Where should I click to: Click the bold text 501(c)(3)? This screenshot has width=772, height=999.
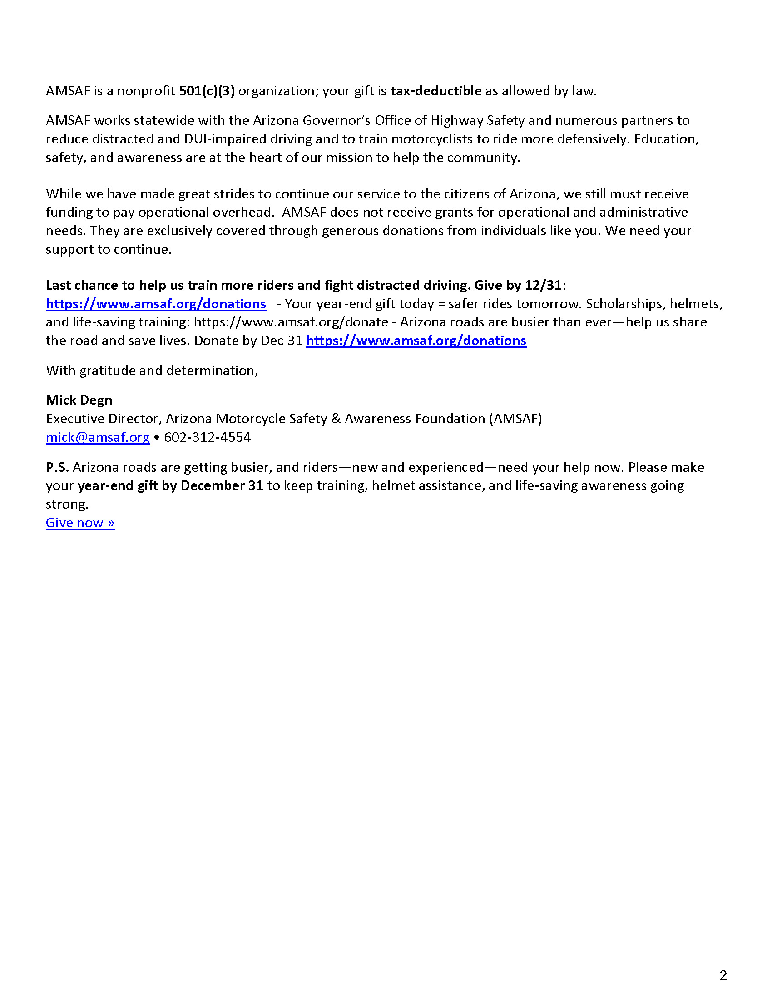207,91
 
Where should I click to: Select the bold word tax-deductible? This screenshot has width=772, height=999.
435,91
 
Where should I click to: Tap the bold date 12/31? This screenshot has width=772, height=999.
543,286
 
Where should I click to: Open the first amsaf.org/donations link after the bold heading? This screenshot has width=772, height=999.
156,304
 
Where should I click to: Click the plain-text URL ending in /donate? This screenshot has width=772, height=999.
291,322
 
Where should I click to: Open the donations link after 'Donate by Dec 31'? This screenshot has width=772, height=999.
416,341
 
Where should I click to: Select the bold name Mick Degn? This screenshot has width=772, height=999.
79,400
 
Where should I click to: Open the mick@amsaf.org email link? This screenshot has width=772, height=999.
98,437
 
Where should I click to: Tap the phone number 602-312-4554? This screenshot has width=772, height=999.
207,437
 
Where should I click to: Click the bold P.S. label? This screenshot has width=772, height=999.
57,467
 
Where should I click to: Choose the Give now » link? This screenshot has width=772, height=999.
80,523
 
